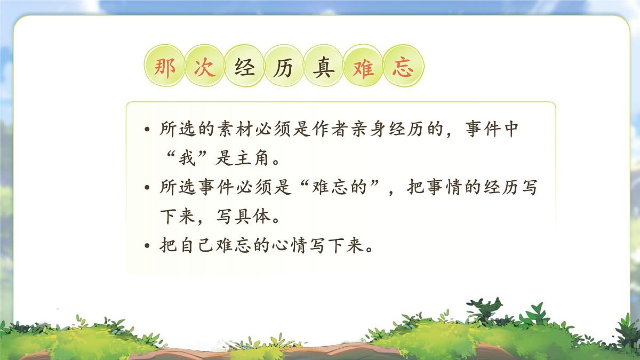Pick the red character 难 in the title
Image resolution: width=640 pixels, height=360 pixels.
[x=363, y=69]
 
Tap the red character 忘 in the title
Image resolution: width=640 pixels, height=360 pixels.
[x=403, y=69]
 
